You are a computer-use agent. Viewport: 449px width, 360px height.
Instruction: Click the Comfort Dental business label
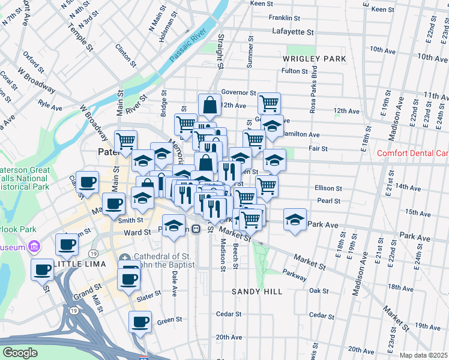[412, 153]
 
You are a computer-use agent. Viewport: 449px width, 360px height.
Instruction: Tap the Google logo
[20, 353]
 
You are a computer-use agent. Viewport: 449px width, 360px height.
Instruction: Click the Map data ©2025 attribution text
[424, 355]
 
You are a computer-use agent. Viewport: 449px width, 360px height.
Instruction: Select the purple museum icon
[34, 247]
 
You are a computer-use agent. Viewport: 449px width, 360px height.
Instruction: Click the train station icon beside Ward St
[196, 229]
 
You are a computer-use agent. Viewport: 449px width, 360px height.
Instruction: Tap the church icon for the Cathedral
[124, 258]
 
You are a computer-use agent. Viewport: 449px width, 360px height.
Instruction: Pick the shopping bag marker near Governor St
[209, 104]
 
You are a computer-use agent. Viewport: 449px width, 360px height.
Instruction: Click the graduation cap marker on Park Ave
[295, 220]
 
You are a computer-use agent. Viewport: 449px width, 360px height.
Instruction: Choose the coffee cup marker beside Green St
[140, 322]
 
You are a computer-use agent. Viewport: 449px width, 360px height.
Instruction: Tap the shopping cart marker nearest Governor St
[270, 103]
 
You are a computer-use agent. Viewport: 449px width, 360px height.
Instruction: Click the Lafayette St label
[293, 31]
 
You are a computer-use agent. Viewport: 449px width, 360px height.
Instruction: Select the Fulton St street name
[294, 71]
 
